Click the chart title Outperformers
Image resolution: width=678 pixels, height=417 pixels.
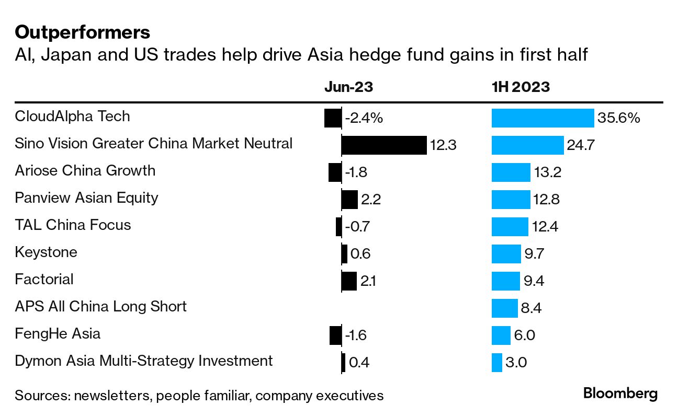point(83,33)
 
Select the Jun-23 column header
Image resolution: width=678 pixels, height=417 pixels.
point(348,87)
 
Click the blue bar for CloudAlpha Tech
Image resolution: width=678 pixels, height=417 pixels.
point(543,118)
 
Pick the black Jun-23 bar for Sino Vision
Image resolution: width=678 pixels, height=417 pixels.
point(384,145)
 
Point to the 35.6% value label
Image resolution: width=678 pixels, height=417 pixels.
point(619,118)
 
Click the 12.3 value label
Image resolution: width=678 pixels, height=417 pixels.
point(443,145)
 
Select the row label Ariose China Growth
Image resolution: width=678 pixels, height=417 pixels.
point(85,170)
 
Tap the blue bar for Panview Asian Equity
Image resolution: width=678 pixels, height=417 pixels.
point(511,200)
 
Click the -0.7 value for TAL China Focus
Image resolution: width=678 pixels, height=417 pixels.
point(358,227)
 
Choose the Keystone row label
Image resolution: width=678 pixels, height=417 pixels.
point(46,252)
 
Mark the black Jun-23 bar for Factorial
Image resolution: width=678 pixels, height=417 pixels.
point(349,281)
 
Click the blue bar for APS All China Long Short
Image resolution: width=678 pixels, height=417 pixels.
point(504,308)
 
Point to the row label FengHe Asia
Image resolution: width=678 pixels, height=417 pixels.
point(58,333)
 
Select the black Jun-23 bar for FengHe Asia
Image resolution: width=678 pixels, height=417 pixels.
point(335,335)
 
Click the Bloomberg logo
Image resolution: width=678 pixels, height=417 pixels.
point(620,393)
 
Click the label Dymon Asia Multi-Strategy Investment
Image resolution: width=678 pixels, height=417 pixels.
point(144,361)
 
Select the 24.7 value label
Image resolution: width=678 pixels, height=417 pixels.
point(580,145)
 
